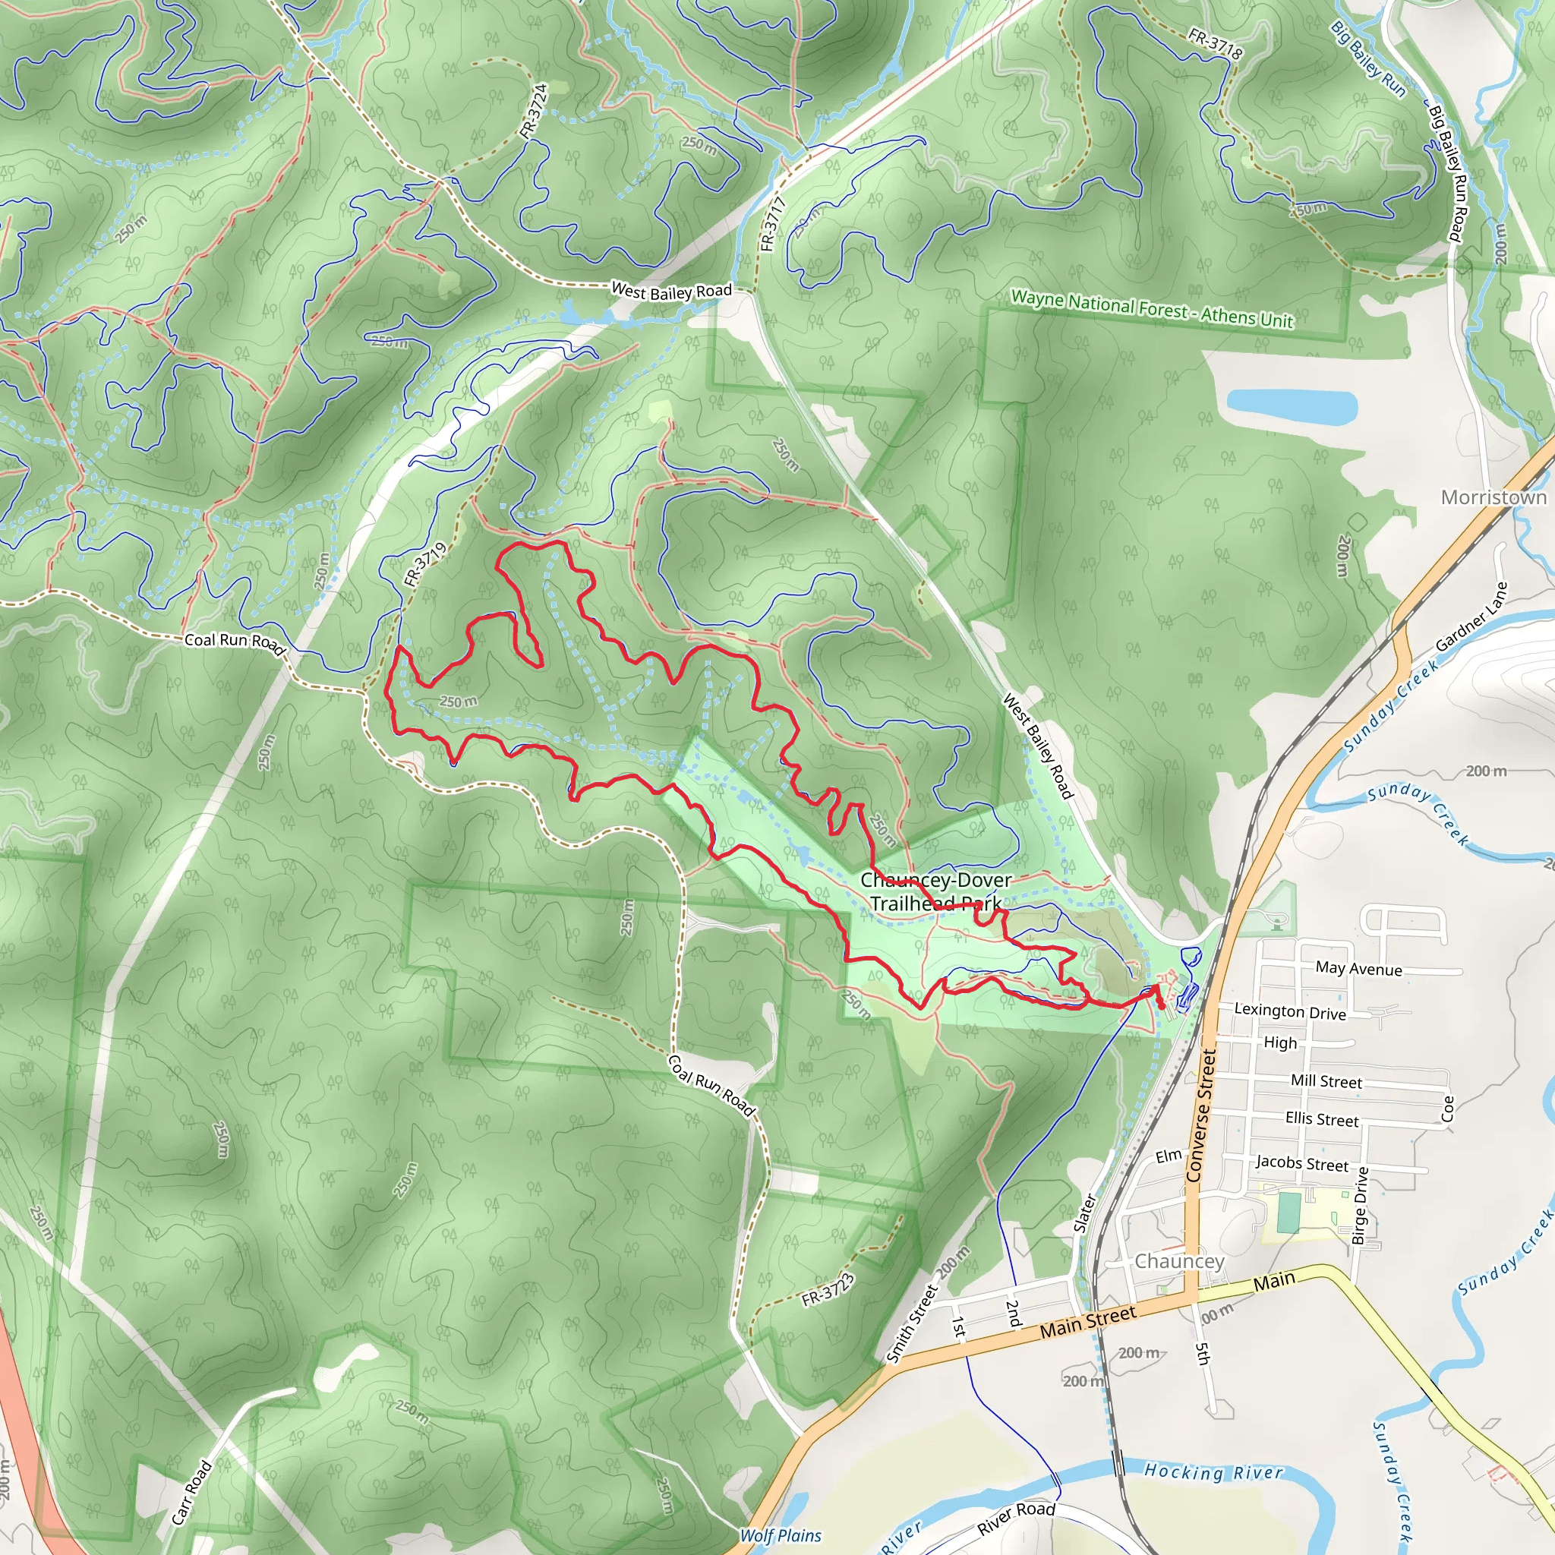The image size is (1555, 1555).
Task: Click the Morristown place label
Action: coord(1493,497)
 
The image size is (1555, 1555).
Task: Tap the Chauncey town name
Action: coord(1178,1261)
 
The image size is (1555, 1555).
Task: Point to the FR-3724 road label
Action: coord(534,110)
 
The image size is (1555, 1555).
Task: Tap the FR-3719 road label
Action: coord(425,564)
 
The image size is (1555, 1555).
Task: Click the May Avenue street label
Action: coord(1358,969)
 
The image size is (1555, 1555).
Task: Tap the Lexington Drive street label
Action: coord(1289,1011)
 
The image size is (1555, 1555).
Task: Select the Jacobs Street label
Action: coord(1301,1163)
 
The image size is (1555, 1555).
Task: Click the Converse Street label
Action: coord(1202,1115)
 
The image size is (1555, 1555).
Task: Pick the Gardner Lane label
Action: coord(1471,617)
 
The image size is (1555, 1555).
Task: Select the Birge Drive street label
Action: coord(1360,1206)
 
